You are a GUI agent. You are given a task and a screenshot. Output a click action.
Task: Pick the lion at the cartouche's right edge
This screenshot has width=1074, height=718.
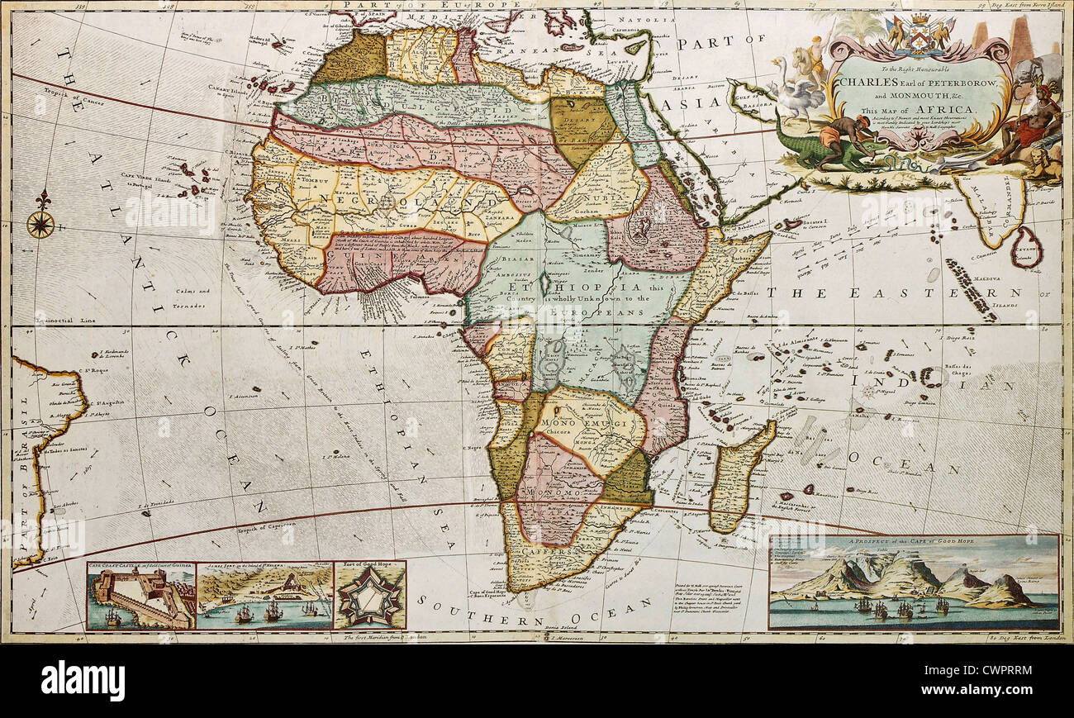(1048, 165)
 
